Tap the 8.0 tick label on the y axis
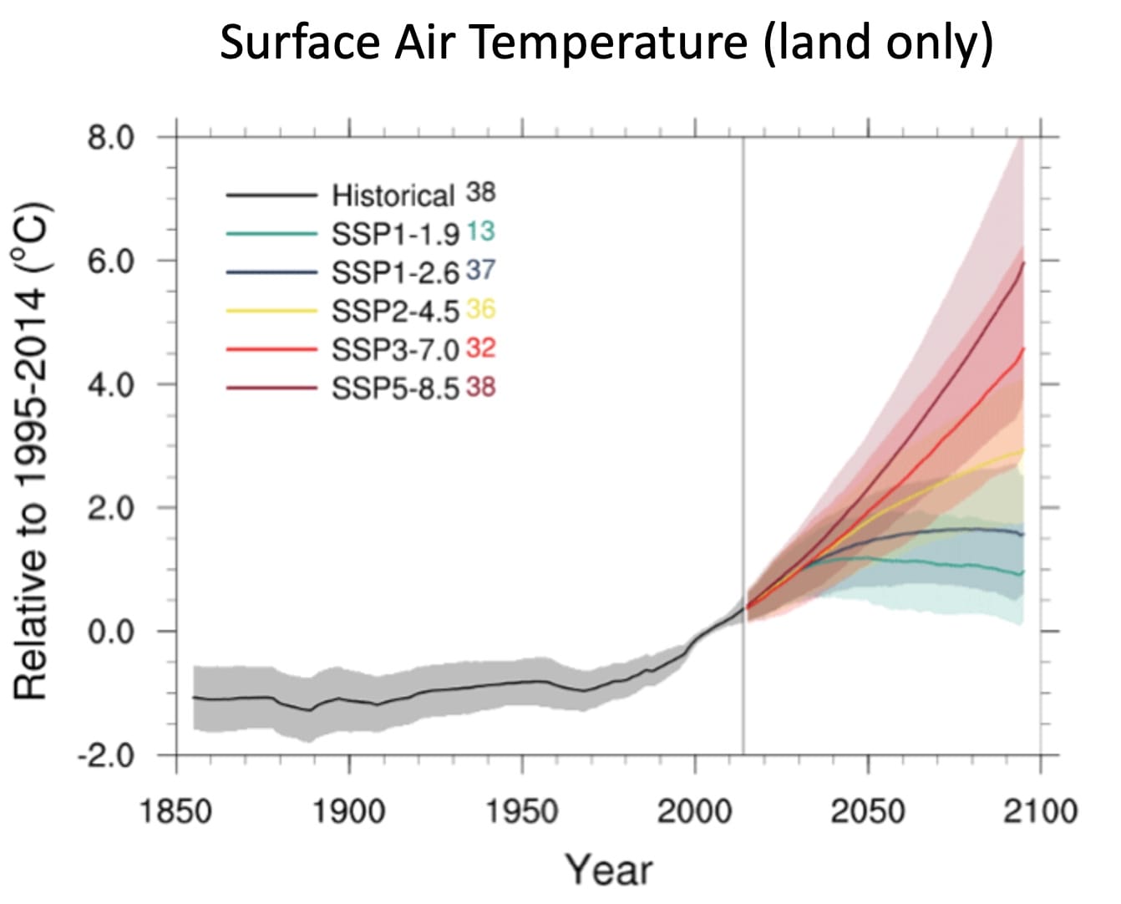(x=112, y=137)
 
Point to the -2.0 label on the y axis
(x=105, y=756)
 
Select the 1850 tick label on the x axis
(x=176, y=810)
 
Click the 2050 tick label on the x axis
(x=867, y=810)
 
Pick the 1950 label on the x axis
(x=522, y=810)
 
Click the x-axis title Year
(x=609, y=870)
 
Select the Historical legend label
(x=393, y=196)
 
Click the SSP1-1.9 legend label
(x=395, y=235)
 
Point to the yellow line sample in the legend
(x=271, y=311)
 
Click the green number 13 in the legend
(x=480, y=231)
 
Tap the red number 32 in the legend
(x=480, y=348)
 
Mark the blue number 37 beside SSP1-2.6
(x=480, y=270)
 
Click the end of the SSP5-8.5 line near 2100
(x=1023, y=263)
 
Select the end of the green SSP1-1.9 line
(x=1022, y=572)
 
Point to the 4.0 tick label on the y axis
(x=112, y=385)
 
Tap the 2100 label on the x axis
(x=1040, y=810)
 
